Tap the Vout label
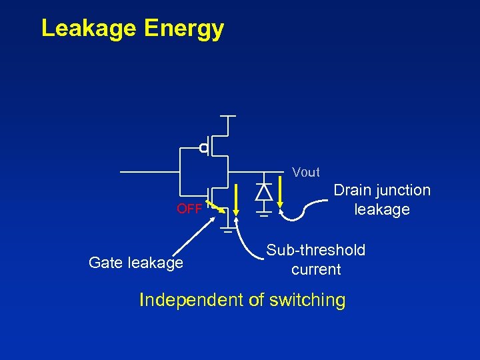[x=306, y=173]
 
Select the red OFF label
[x=189, y=209]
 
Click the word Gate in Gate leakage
[x=105, y=263]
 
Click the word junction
[x=404, y=191]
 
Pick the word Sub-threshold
[x=316, y=250]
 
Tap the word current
[x=316, y=269]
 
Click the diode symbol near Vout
[x=264, y=192]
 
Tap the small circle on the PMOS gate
[x=204, y=147]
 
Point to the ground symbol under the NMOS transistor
[x=228, y=231]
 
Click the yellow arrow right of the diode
[x=283, y=193]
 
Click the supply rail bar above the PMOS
[x=228, y=116]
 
